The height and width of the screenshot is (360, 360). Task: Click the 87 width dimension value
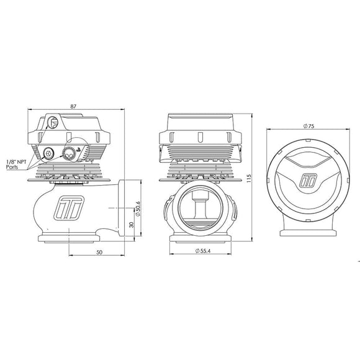click(73, 106)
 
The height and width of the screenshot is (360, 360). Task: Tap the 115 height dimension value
click(249, 178)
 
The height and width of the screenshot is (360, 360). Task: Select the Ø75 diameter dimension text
click(308, 126)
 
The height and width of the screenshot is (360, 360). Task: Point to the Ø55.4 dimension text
click(203, 251)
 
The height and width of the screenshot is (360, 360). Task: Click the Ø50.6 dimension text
click(138, 209)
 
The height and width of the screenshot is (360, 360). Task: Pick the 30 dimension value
click(132, 225)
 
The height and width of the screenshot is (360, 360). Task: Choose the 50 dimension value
click(99, 253)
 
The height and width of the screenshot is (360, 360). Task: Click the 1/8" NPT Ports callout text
click(16, 164)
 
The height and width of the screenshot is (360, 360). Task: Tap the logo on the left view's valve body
click(69, 207)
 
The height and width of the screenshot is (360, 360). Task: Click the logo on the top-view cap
click(308, 180)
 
